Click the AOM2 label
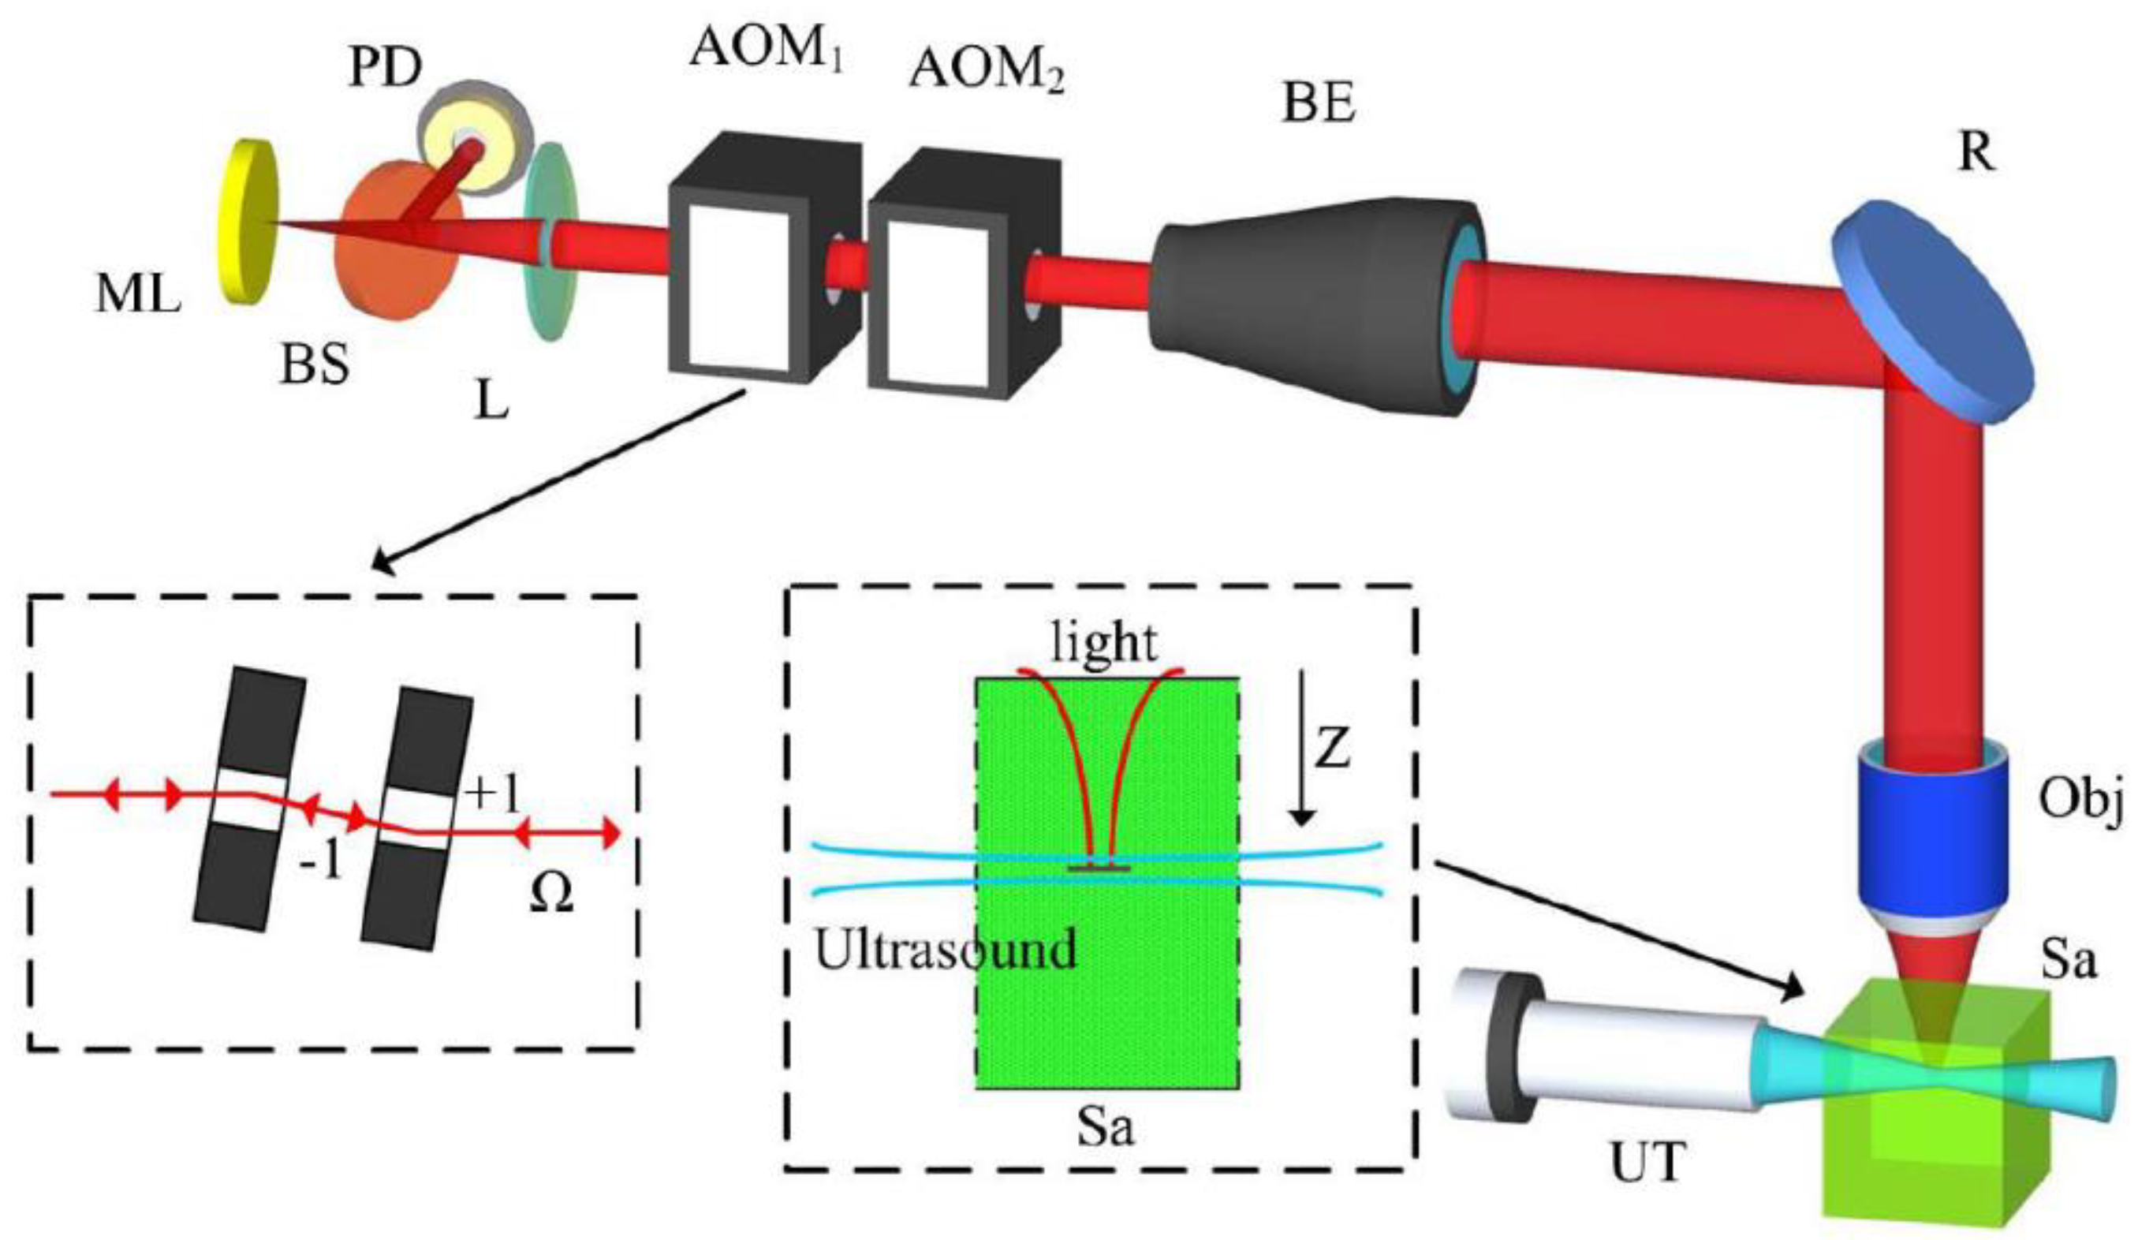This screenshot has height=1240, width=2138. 985,68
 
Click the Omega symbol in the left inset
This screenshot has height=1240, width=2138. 550,893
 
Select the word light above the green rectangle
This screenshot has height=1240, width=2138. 1103,643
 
